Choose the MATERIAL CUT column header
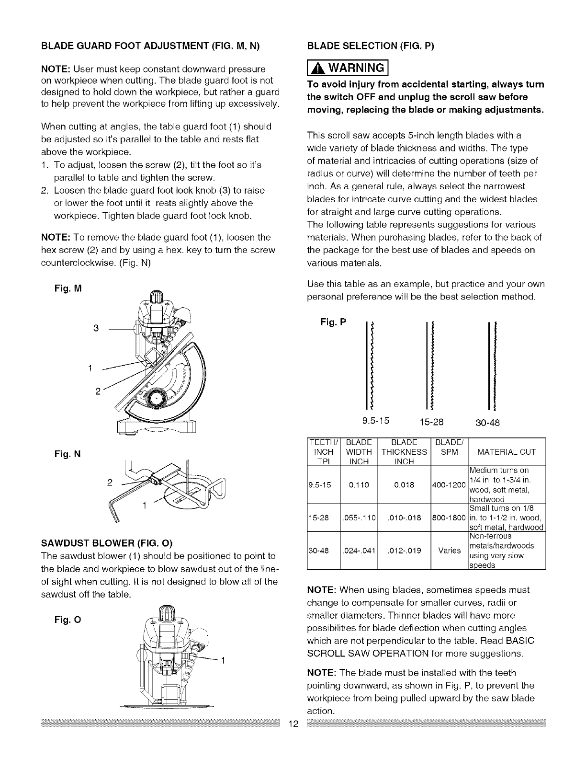(x=507, y=452)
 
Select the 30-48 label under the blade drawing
(x=488, y=423)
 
